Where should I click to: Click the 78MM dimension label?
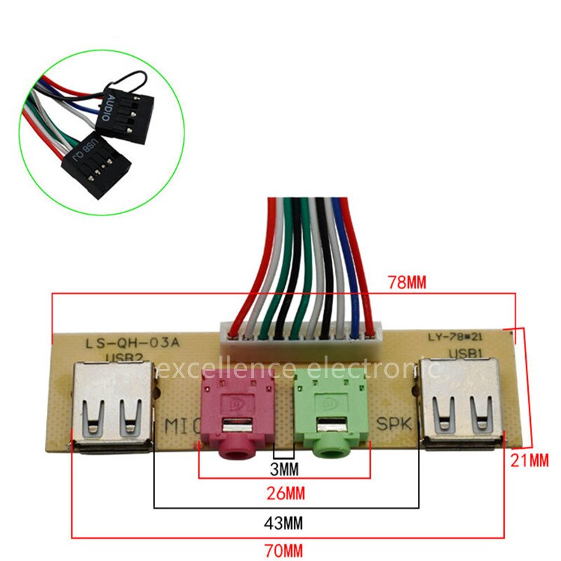[407, 283]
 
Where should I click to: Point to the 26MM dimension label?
[285, 493]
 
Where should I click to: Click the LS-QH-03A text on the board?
[123, 344]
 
